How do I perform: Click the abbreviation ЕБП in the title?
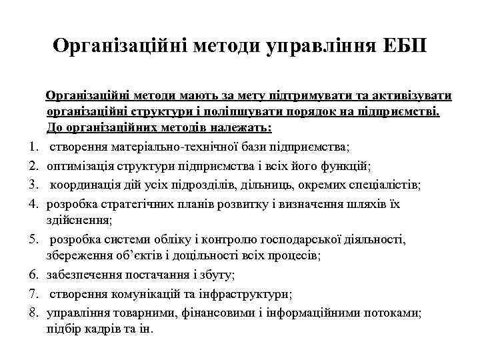[x=404, y=46]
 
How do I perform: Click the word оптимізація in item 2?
[x=79, y=165]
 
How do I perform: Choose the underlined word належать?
[x=231, y=127]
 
